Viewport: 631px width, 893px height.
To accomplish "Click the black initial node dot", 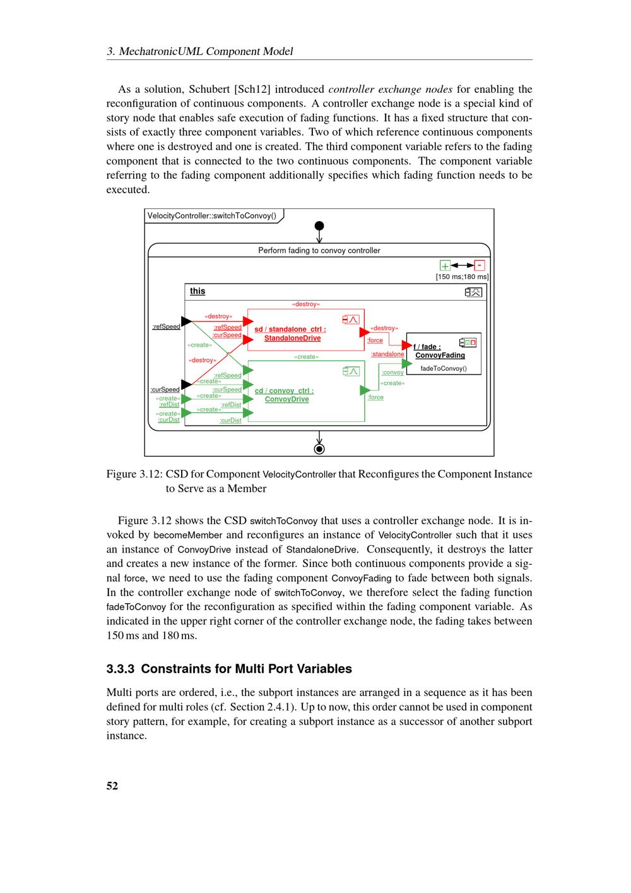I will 319,225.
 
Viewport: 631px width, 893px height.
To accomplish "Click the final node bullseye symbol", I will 319,449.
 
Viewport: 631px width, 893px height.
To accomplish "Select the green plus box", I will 445,266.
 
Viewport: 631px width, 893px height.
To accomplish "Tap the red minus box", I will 480,266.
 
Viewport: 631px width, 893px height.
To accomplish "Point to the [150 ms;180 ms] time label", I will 462,277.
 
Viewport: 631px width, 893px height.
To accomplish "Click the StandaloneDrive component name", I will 292,339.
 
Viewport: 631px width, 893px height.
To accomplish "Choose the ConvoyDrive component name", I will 287,399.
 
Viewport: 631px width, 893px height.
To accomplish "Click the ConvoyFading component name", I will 440,356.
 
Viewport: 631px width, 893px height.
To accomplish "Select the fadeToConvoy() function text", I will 444,368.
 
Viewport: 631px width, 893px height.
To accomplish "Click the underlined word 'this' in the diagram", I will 198,291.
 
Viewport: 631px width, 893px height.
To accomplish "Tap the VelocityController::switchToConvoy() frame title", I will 212,216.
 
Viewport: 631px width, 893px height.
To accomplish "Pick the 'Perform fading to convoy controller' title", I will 319,251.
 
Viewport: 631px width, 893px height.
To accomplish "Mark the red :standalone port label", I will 387,354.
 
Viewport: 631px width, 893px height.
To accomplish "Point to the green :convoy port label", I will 392,373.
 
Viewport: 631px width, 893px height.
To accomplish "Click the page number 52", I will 112,786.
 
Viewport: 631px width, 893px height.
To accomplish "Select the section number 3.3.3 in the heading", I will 121,669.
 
